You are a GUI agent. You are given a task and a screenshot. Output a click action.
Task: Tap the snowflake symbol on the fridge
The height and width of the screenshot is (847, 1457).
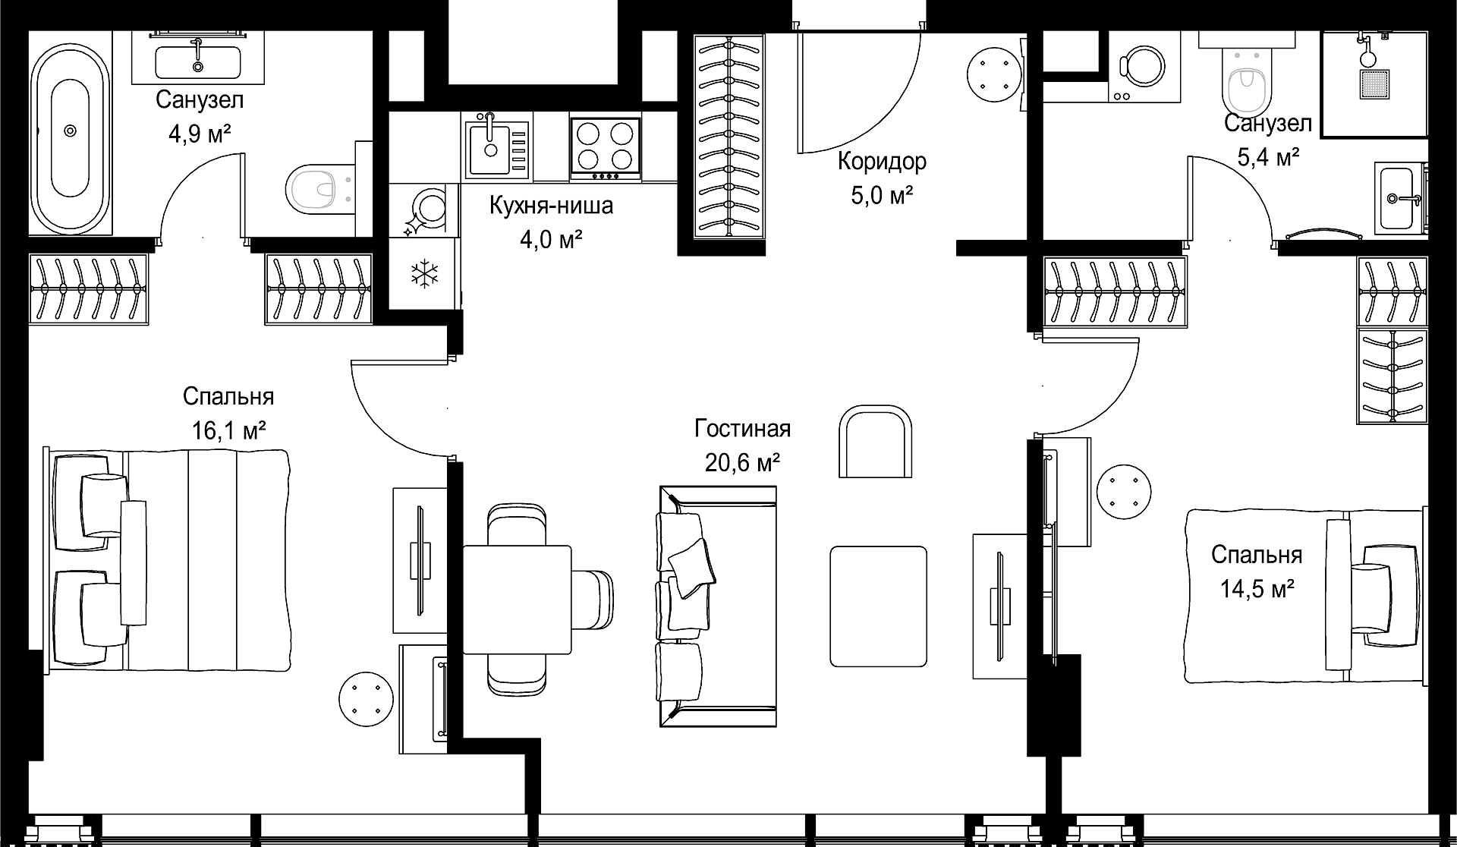[x=424, y=274]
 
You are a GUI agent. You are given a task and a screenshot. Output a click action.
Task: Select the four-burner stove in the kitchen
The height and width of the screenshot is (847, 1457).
[x=606, y=150]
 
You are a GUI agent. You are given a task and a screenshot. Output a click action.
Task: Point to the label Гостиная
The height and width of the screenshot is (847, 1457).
[x=742, y=429]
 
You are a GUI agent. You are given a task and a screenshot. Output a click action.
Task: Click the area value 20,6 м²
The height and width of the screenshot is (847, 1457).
[x=742, y=461]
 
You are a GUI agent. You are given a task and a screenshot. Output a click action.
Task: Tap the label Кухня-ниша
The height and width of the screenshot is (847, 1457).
[x=551, y=206]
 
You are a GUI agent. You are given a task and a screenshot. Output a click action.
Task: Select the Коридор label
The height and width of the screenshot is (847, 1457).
[x=882, y=162]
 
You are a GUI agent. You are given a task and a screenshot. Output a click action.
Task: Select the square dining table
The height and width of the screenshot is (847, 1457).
[x=517, y=600]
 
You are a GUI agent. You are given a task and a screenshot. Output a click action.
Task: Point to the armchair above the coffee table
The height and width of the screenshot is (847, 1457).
[x=875, y=441]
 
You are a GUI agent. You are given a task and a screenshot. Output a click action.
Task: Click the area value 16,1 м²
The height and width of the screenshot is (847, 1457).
[x=228, y=431]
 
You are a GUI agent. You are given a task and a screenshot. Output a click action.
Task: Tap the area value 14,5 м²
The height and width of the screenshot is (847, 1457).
[x=1257, y=588]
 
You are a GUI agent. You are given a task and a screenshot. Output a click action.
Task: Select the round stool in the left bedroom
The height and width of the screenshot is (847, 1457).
[x=367, y=697]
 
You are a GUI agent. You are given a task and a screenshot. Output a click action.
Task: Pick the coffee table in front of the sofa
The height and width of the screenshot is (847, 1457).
[x=878, y=606]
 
